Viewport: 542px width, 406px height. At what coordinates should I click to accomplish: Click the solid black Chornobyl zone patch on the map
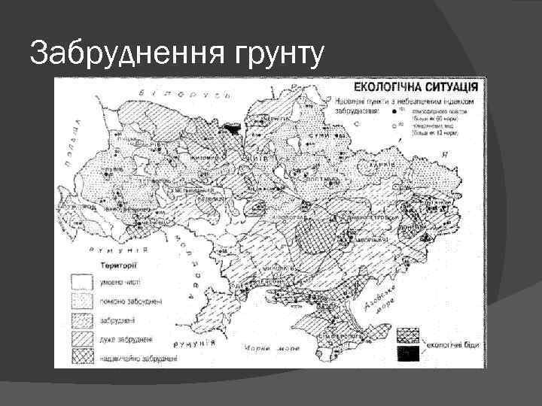pos(233,129)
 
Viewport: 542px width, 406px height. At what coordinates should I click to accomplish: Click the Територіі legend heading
pos(117,265)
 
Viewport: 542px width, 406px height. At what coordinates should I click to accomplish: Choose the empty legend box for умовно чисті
pos(80,282)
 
